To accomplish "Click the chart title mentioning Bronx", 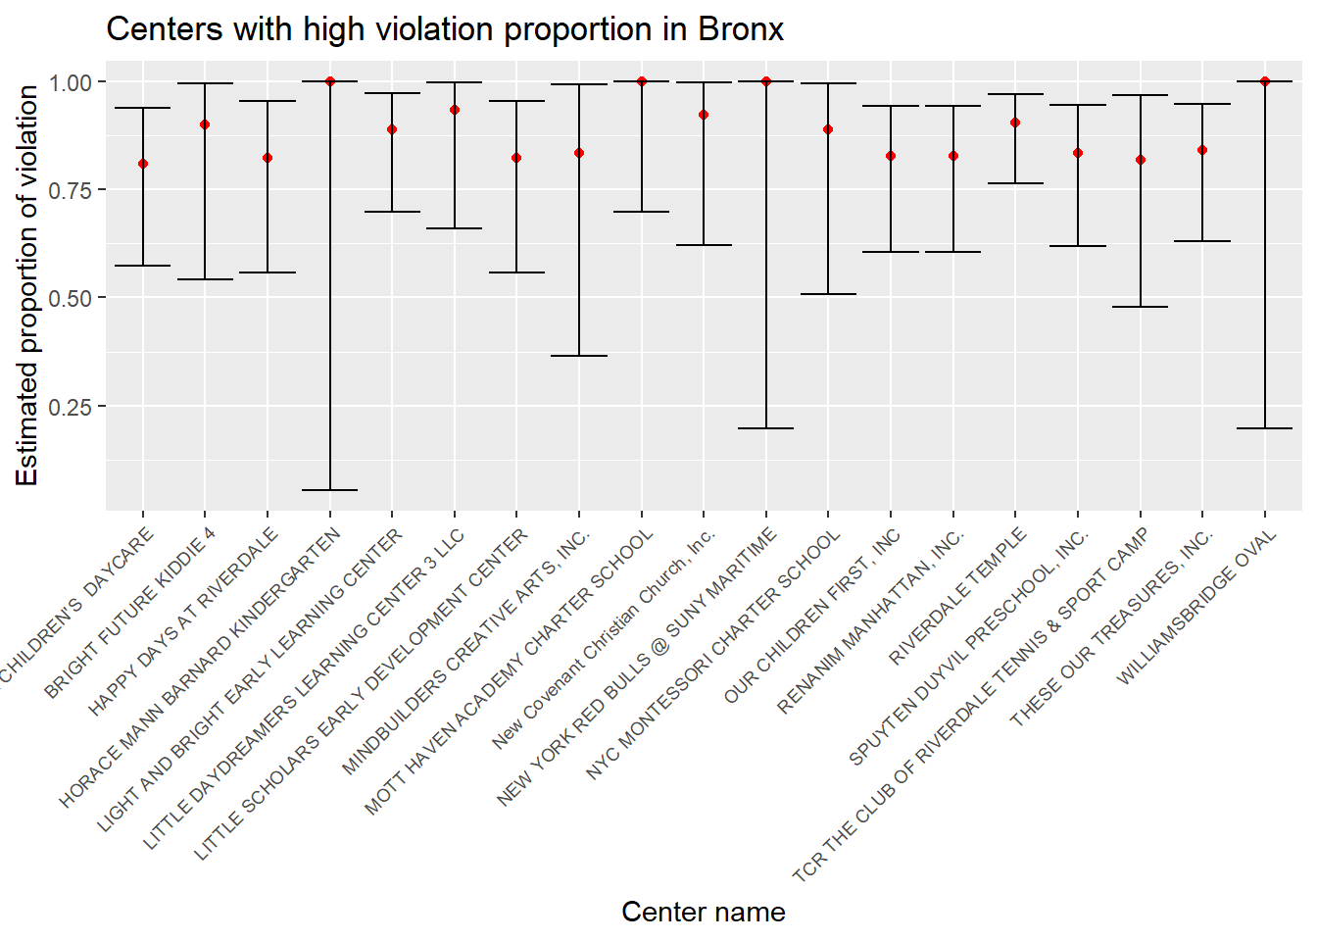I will point(445,29).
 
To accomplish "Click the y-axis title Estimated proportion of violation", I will point(27,285).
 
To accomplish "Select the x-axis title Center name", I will point(703,912).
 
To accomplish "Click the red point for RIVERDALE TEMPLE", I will point(1015,123).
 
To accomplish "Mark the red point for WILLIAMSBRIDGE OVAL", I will point(1265,81).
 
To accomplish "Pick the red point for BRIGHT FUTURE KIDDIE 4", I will point(205,124).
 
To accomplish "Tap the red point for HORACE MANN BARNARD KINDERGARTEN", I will point(330,81).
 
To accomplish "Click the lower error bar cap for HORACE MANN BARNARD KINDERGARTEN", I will point(330,490).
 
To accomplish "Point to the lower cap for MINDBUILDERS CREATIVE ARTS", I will point(579,356).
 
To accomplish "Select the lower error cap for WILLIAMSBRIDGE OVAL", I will point(1265,428).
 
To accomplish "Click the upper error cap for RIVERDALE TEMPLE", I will point(1015,94).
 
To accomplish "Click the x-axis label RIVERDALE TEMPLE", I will point(958,596).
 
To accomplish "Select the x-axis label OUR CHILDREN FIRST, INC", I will point(812,617).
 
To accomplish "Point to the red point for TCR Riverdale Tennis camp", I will point(1141,160).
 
